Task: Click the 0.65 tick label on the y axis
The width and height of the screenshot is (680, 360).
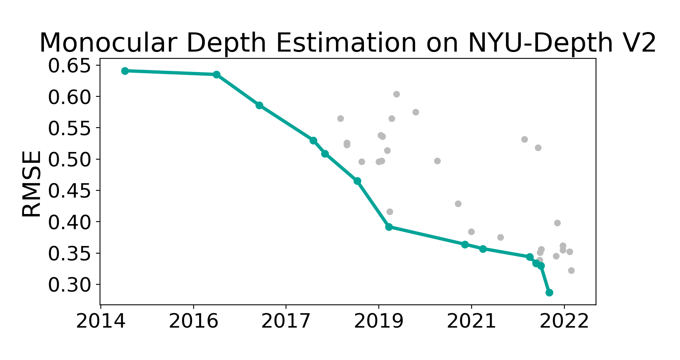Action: pyautogui.click(x=70, y=66)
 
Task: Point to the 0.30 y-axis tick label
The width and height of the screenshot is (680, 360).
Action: pyautogui.click(x=70, y=285)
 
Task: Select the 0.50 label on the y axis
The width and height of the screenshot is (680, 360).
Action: pyautogui.click(x=70, y=160)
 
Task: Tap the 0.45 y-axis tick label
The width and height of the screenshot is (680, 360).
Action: pyautogui.click(x=70, y=191)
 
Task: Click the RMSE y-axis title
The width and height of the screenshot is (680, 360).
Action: pyautogui.click(x=31, y=184)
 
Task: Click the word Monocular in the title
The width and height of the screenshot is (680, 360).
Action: pyautogui.click(x=108, y=43)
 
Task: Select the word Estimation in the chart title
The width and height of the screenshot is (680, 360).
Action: pyautogui.click(x=346, y=43)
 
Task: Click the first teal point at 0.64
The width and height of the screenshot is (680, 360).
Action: pyautogui.click(x=125, y=71)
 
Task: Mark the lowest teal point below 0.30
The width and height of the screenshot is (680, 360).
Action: pyautogui.click(x=549, y=293)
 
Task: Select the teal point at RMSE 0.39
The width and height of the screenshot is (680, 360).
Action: pyautogui.click(x=389, y=227)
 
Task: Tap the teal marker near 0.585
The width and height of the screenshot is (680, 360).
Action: pyautogui.click(x=259, y=105)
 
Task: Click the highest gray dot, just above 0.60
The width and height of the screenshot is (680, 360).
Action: pyautogui.click(x=396, y=94)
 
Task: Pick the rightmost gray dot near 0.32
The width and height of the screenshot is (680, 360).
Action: pyautogui.click(x=571, y=270)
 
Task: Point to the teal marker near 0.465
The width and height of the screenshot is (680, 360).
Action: pyautogui.click(x=357, y=181)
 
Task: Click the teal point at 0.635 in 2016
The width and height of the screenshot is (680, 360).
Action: pyautogui.click(x=216, y=75)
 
